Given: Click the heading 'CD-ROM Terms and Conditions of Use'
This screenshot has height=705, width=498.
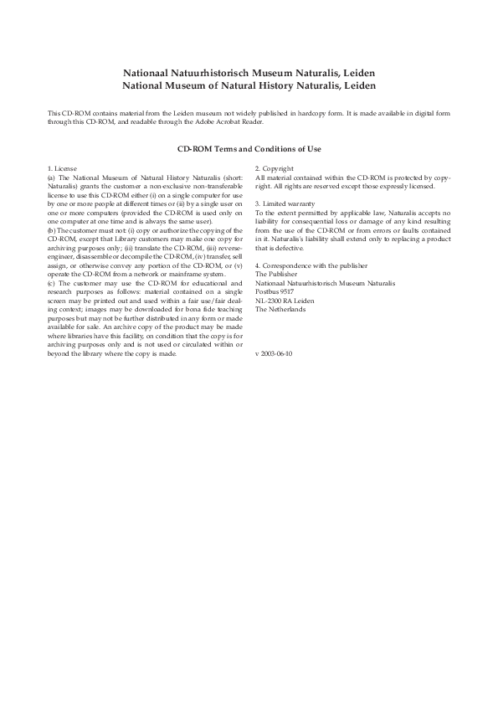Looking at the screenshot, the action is coord(249,149).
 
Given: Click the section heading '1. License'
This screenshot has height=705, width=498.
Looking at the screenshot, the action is coord(62,169).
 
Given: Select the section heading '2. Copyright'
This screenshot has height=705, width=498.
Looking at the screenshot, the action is coord(275,169).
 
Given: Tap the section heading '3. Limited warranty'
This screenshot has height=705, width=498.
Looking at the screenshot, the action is coord(285,203).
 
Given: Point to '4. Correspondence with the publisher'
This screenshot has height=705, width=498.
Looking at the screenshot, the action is coord(308,265).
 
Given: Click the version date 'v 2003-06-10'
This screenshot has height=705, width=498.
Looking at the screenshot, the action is coord(274,352).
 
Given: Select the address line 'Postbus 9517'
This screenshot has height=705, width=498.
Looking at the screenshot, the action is coord(275,291).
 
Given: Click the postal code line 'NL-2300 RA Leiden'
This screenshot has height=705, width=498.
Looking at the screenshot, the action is coord(285,300).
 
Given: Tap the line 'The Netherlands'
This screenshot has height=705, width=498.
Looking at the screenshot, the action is coord(280,309).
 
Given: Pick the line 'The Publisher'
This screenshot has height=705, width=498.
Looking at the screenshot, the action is coord(275,274).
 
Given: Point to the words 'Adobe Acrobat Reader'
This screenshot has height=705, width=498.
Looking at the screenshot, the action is coord(229,122).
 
